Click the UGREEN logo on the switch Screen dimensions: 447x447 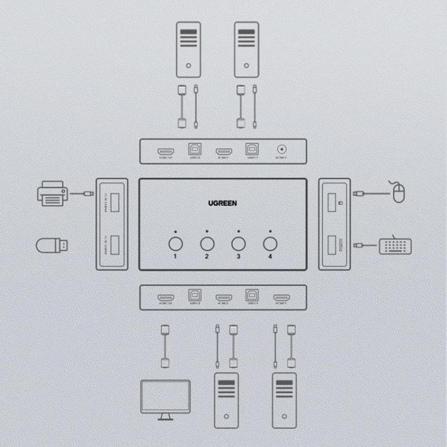coord(222,203)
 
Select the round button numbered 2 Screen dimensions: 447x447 coord(207,243)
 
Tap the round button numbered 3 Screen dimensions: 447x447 coord(238,243)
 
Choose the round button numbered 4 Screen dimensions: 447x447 coord(270,243)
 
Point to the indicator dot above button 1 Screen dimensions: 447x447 coord(176,231)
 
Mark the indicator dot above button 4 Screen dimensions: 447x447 coord(270,231)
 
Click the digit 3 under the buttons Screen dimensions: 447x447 coord(238,257)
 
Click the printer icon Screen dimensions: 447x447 coord(52,193)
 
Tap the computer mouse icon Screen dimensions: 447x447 coord(398,192)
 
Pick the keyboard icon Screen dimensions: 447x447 coord(395,245)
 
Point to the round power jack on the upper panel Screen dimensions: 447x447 coord(280,151)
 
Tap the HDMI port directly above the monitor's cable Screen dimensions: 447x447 coord(166,298)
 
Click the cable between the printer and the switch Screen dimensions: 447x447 coord(82,193)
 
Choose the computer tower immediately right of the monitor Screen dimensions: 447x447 coord(226,399)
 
